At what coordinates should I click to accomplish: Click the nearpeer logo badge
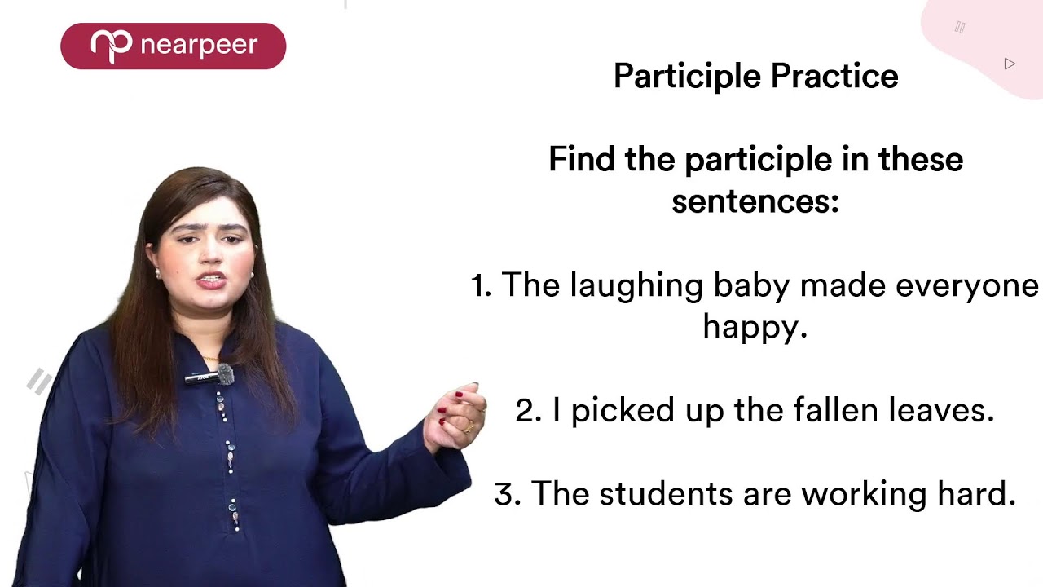click(x=173, y=46)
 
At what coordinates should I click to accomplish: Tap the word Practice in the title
click(x=834, y=77)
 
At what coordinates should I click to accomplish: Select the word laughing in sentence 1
click(x=636, y=286)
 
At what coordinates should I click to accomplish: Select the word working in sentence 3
click(x=850, y=494)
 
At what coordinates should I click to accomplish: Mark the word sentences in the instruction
click(x=755, y=201)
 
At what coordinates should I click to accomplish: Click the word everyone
click(x=967, y=286)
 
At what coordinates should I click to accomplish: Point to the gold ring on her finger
click(x=469, y=427)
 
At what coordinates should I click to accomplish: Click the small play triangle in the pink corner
click(x=1010, y=64)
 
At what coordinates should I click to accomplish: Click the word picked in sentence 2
click(x=612, y=410)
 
